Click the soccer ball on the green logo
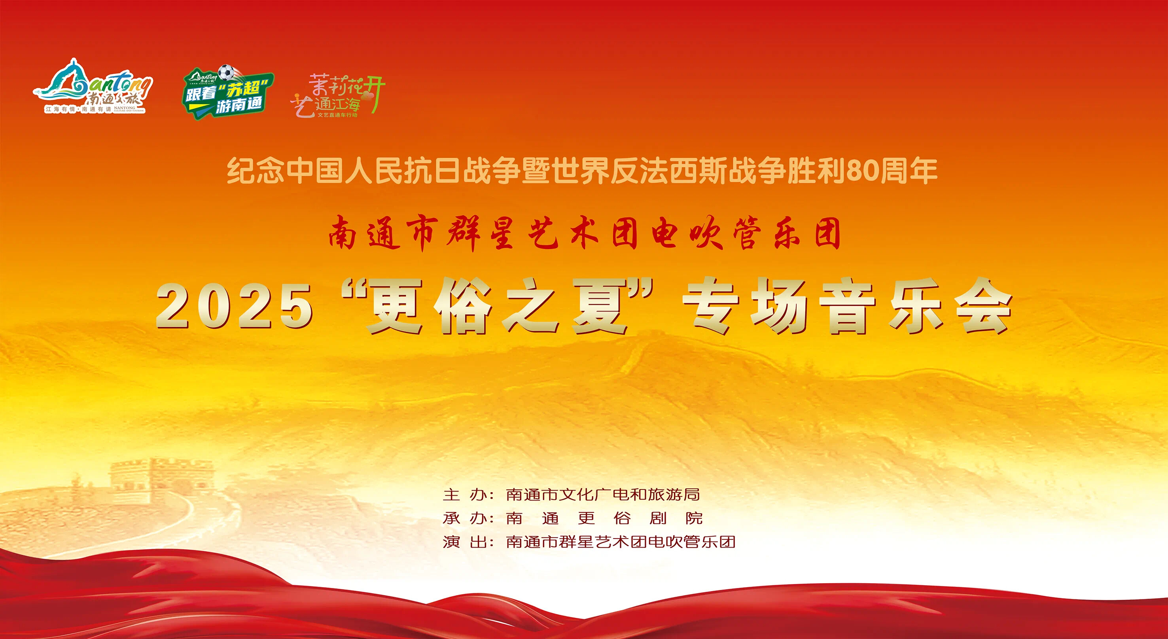click(x=226, y=72)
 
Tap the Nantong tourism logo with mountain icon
click(x=93, y=86)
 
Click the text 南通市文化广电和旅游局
click(x=603, y=494)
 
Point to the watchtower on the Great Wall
click(x=161, y=481)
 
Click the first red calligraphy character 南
click(x=342, y=233)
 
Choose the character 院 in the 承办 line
click(x=694, y=518)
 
